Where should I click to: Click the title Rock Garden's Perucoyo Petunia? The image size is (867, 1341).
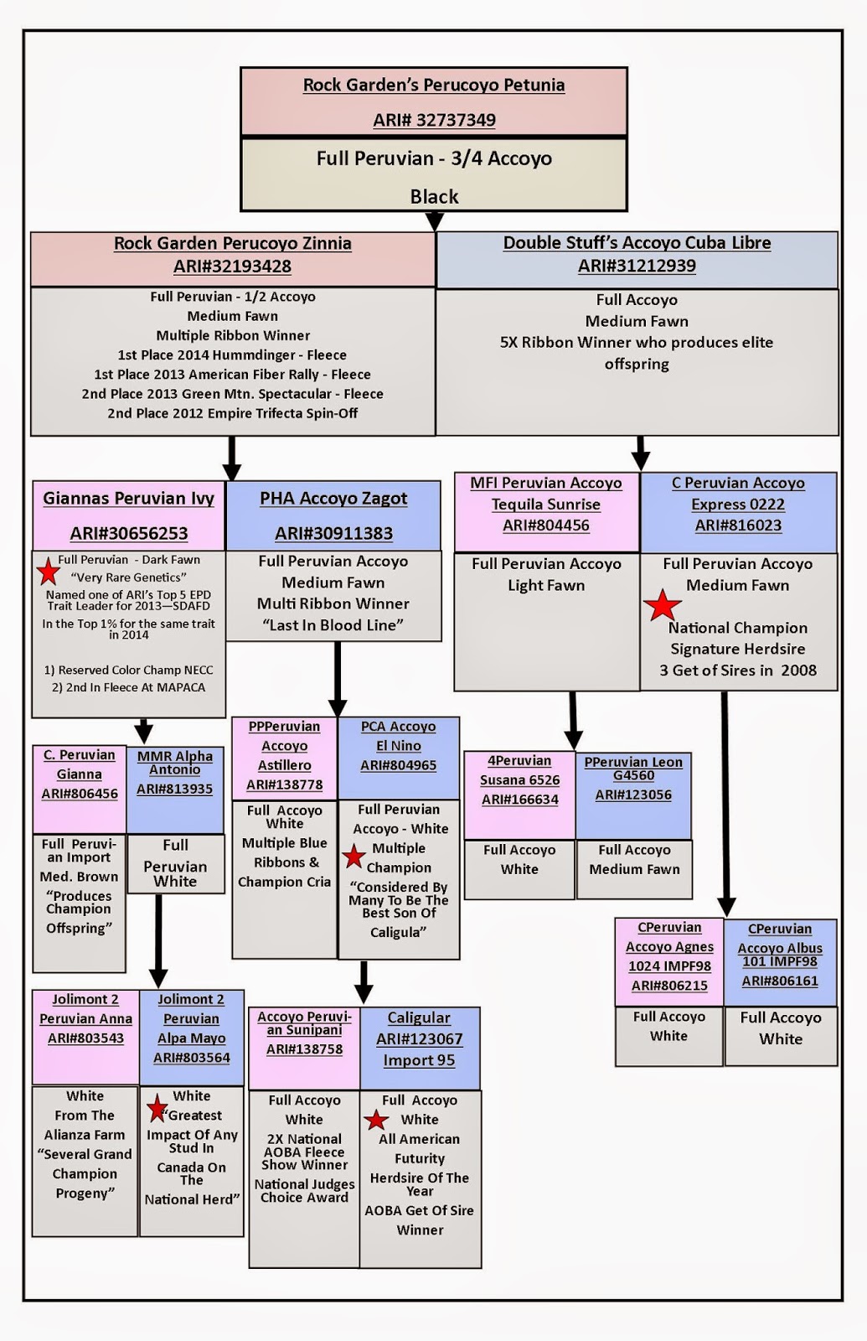pyautogui.click(x=434, y=85)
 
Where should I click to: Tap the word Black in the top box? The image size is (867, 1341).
pyautogui.click(x=434, y=196)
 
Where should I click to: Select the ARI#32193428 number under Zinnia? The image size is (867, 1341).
pyautogui.click(x=232, y=267)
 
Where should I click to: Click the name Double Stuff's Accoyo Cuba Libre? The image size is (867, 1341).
pyautogui.click(x=637, y=243)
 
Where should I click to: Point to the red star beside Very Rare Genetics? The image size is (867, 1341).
pyautogui.click(x=48, y=572)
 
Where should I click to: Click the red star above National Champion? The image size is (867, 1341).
pyautogui.click(x=663, y=605)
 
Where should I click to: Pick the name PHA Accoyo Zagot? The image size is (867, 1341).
pyautogui.click(x=333, y=499)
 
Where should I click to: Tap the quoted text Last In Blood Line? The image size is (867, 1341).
pyautogui.click(x=333, y=625)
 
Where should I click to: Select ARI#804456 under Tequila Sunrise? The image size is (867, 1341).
pyautogui.click(x=545, y=526)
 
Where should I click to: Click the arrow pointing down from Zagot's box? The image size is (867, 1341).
pyautogui.click(x=338, y=679)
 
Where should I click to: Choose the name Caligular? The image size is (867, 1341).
pyautogui.click(x=418, y=1017)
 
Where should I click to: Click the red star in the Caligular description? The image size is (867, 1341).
pyautogui.click(x=376, y=1120)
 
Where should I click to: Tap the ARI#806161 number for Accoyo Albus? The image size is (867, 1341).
pyautogui.click(x=780, y=981)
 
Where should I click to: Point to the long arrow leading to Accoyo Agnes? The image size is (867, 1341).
pyautogui.click(x=725, y=804)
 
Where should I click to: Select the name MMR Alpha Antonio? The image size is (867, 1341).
pyautogui.click(x=175, y=763)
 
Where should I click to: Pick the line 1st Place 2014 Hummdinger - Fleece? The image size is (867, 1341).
pyautogui.click(x=232, y=355)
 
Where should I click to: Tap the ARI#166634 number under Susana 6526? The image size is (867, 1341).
pyautogui.click(x=520, y=800)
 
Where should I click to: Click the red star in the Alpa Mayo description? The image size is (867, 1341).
pyautogui.click(x=157, y=1108)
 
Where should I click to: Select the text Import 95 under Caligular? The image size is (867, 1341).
pyautogui.click(x=419, y=1060)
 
